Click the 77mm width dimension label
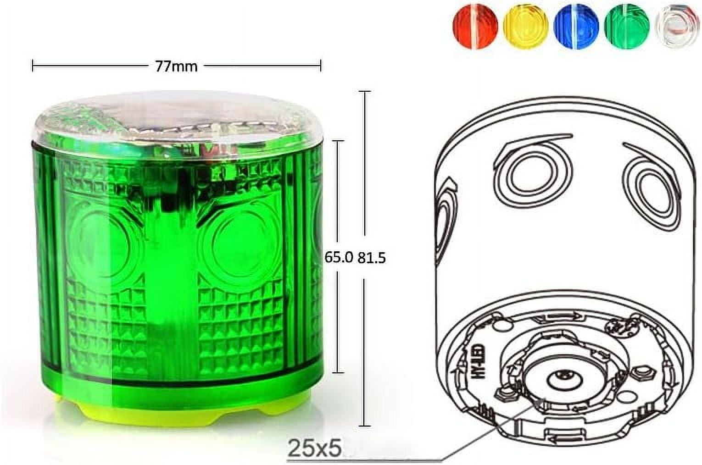pyautogui.click(x=176, y=66)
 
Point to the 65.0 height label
pyautogui.click(x=339, y=258)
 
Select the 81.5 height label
pyautogui.click(x=372, y=258)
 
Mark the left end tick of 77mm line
pyautogui.click(x=33, y=66)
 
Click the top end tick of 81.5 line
pyautogui.click(x=365, y=92)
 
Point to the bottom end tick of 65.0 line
pyautogui.click(x=338, y=372)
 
